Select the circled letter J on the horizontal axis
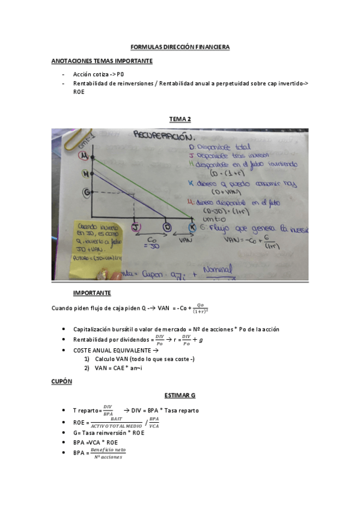coord(135,227)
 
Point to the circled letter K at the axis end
coord(192,227)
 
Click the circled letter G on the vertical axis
coord(85,192)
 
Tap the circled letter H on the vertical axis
coord(85,174)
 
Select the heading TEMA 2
coord(180,119)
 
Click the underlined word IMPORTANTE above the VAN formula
coord(91,293)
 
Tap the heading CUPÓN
coord(61,381)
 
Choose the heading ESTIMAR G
coord(180,395)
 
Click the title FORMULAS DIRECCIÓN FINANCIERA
coord(180,47)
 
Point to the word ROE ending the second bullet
coord(79,92)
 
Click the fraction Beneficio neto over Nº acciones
coord(108,453)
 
